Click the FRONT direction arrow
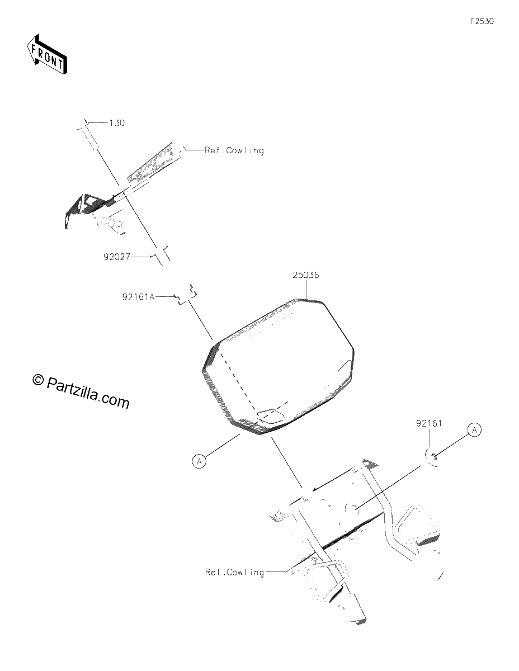(x=47, y=54)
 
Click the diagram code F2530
(x=482, y=21)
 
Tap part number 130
(x=117, y=123)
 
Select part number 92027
(x=117, y=257)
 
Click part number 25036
(x=306, y=275)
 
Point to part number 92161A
(x=138, y=297)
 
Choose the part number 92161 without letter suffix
(x=429, y=423)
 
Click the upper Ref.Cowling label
(x=234, y=150)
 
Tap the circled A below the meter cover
(x=199, y=461)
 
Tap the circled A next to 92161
(x=475, y=429)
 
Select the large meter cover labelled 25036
(x=278, y=367)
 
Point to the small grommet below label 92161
(x=433, y=457)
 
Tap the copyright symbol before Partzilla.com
(x=38, y=380)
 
